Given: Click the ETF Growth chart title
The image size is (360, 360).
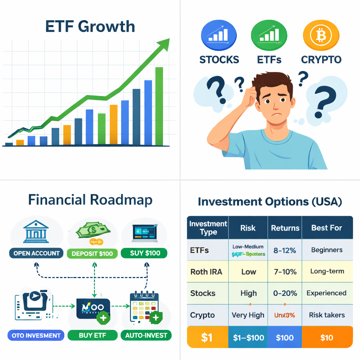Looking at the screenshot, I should pyautogui.click(x=90, y=27).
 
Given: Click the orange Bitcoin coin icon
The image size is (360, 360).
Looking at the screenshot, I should pyautogui.click(x=321, y=35).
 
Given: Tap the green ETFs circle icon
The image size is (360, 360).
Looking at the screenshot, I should pyautogui.click(x=269, y=35).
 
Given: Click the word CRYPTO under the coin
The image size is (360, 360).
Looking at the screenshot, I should pyautogui.click(x=321, y=59).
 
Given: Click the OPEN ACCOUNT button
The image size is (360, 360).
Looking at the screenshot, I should pyautogui.click(x=37, y=253).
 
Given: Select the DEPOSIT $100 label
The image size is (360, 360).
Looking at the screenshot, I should pyautogui.click(x=92, y=253).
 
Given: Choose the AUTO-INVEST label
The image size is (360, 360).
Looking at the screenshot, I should pyautogui.click(x=146, y=335).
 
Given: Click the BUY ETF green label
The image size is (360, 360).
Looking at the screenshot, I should pyautogui.click(x=92, y=335).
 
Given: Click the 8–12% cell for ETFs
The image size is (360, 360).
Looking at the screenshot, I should pyautogui.click(x=284, y=250).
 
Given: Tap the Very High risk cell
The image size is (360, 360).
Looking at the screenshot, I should pyautogui.click(x=248, y=315).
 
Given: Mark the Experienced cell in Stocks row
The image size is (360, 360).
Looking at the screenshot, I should pyautogui.click(x=326, y=293).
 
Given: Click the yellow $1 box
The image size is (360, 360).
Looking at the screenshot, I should pyautogui.click(x=207, y=337).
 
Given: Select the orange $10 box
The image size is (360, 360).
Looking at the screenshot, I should pyautogui.click(x=327, y=337).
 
